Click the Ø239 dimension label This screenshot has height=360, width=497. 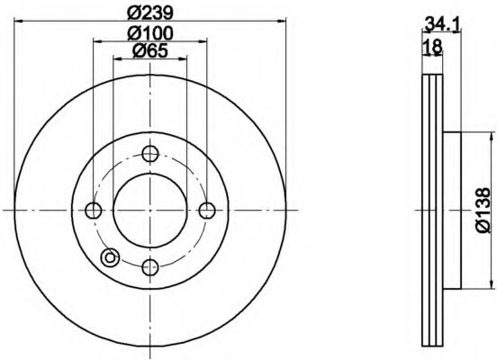pos(150,13)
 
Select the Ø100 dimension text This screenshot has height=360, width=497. pos(150,33)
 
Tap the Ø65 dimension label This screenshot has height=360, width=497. pos(150,50)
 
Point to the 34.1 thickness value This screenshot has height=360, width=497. pos(442,24)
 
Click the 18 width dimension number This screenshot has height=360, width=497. pos(433,46)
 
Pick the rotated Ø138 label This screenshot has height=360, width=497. pos(483,210)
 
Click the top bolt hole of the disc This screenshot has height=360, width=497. pos(150,153)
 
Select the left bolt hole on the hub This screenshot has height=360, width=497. pos(94,210)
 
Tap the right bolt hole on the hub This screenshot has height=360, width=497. pos(207,210)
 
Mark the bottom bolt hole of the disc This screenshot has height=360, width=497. pos(150,267)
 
